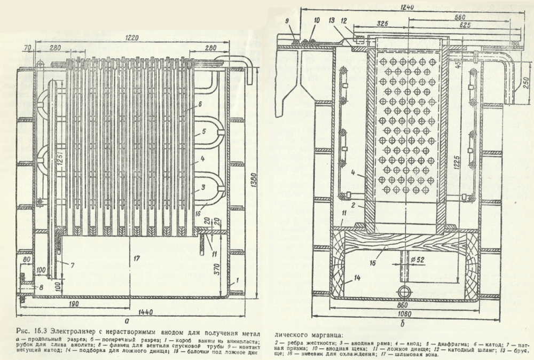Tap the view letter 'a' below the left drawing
pyautogui.click(x=127, y=322)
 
